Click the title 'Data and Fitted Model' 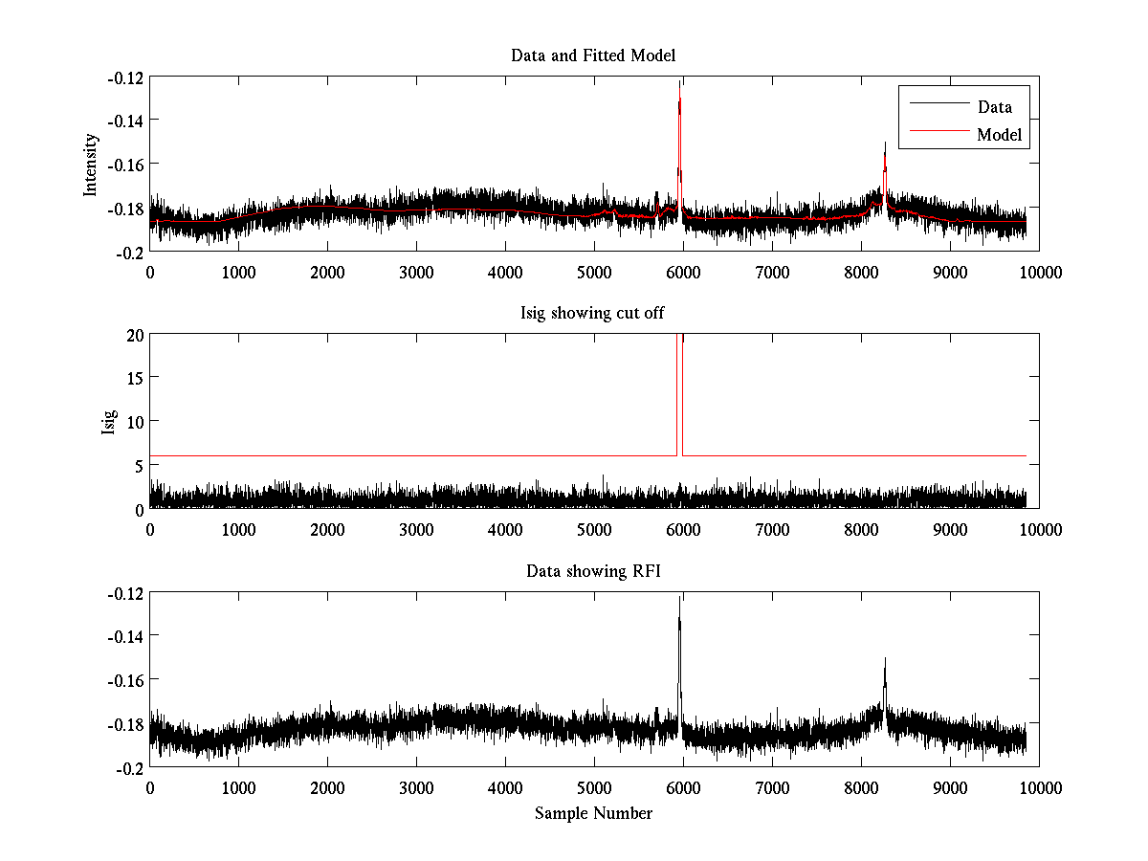tap(593, 55)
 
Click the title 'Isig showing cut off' tap(593, 314)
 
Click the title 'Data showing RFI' tap(593, 571)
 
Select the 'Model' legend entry tap(1000, 135)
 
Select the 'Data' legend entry tap(994, 107)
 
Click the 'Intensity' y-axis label tap(91, 164)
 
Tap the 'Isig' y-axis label tap(108, 422)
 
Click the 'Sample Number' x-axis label tap(593, 813)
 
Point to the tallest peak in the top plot tap(679, 83)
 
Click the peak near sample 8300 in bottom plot tap(885, 659)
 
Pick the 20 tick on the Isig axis tap(133, 335)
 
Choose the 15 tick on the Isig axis tap(133, 378)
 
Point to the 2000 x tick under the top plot tap(327, 272)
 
